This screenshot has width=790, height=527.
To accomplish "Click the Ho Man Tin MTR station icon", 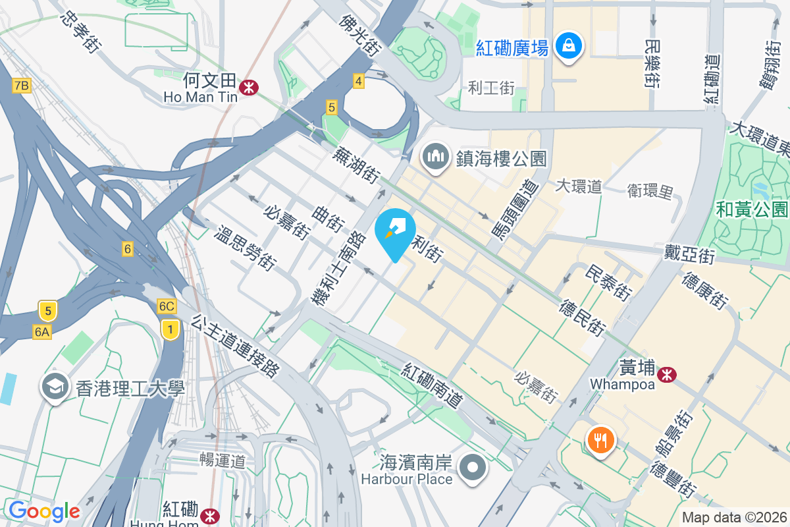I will (249, 86).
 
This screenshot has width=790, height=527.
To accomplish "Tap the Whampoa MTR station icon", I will (668, 374).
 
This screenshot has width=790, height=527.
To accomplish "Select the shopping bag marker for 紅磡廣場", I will (566, 46).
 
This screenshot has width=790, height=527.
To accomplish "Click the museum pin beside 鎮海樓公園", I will (435, 157).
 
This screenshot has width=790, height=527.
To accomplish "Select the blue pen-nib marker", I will (395, 231).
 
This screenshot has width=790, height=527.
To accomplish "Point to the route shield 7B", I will (21, 85).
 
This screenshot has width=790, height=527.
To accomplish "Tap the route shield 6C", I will (167, 306).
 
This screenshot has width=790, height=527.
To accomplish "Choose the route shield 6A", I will (41, 332).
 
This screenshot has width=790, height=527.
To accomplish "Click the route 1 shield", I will (171, 329).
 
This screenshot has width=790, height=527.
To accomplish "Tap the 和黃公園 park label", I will (752, 209).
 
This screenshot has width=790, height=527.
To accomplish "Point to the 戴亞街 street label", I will (689, 254).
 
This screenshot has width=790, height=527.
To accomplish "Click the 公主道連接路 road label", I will (235, 345).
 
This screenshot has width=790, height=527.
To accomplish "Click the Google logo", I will (44, 511).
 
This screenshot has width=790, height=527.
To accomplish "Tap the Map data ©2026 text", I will (734, 518).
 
